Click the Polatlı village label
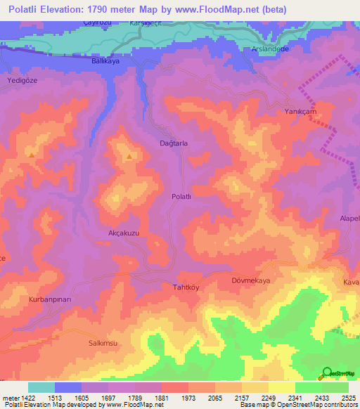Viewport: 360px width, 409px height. point(181,197)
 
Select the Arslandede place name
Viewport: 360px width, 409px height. point(271,49)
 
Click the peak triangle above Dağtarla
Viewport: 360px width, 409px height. point(129,157)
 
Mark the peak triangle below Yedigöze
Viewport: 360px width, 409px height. point(31,154)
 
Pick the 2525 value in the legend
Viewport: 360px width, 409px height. point(349,398)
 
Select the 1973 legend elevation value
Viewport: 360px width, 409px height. point(188,398)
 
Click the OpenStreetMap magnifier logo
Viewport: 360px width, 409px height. point(327,372)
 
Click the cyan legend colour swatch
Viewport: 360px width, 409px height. point(41,387)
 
